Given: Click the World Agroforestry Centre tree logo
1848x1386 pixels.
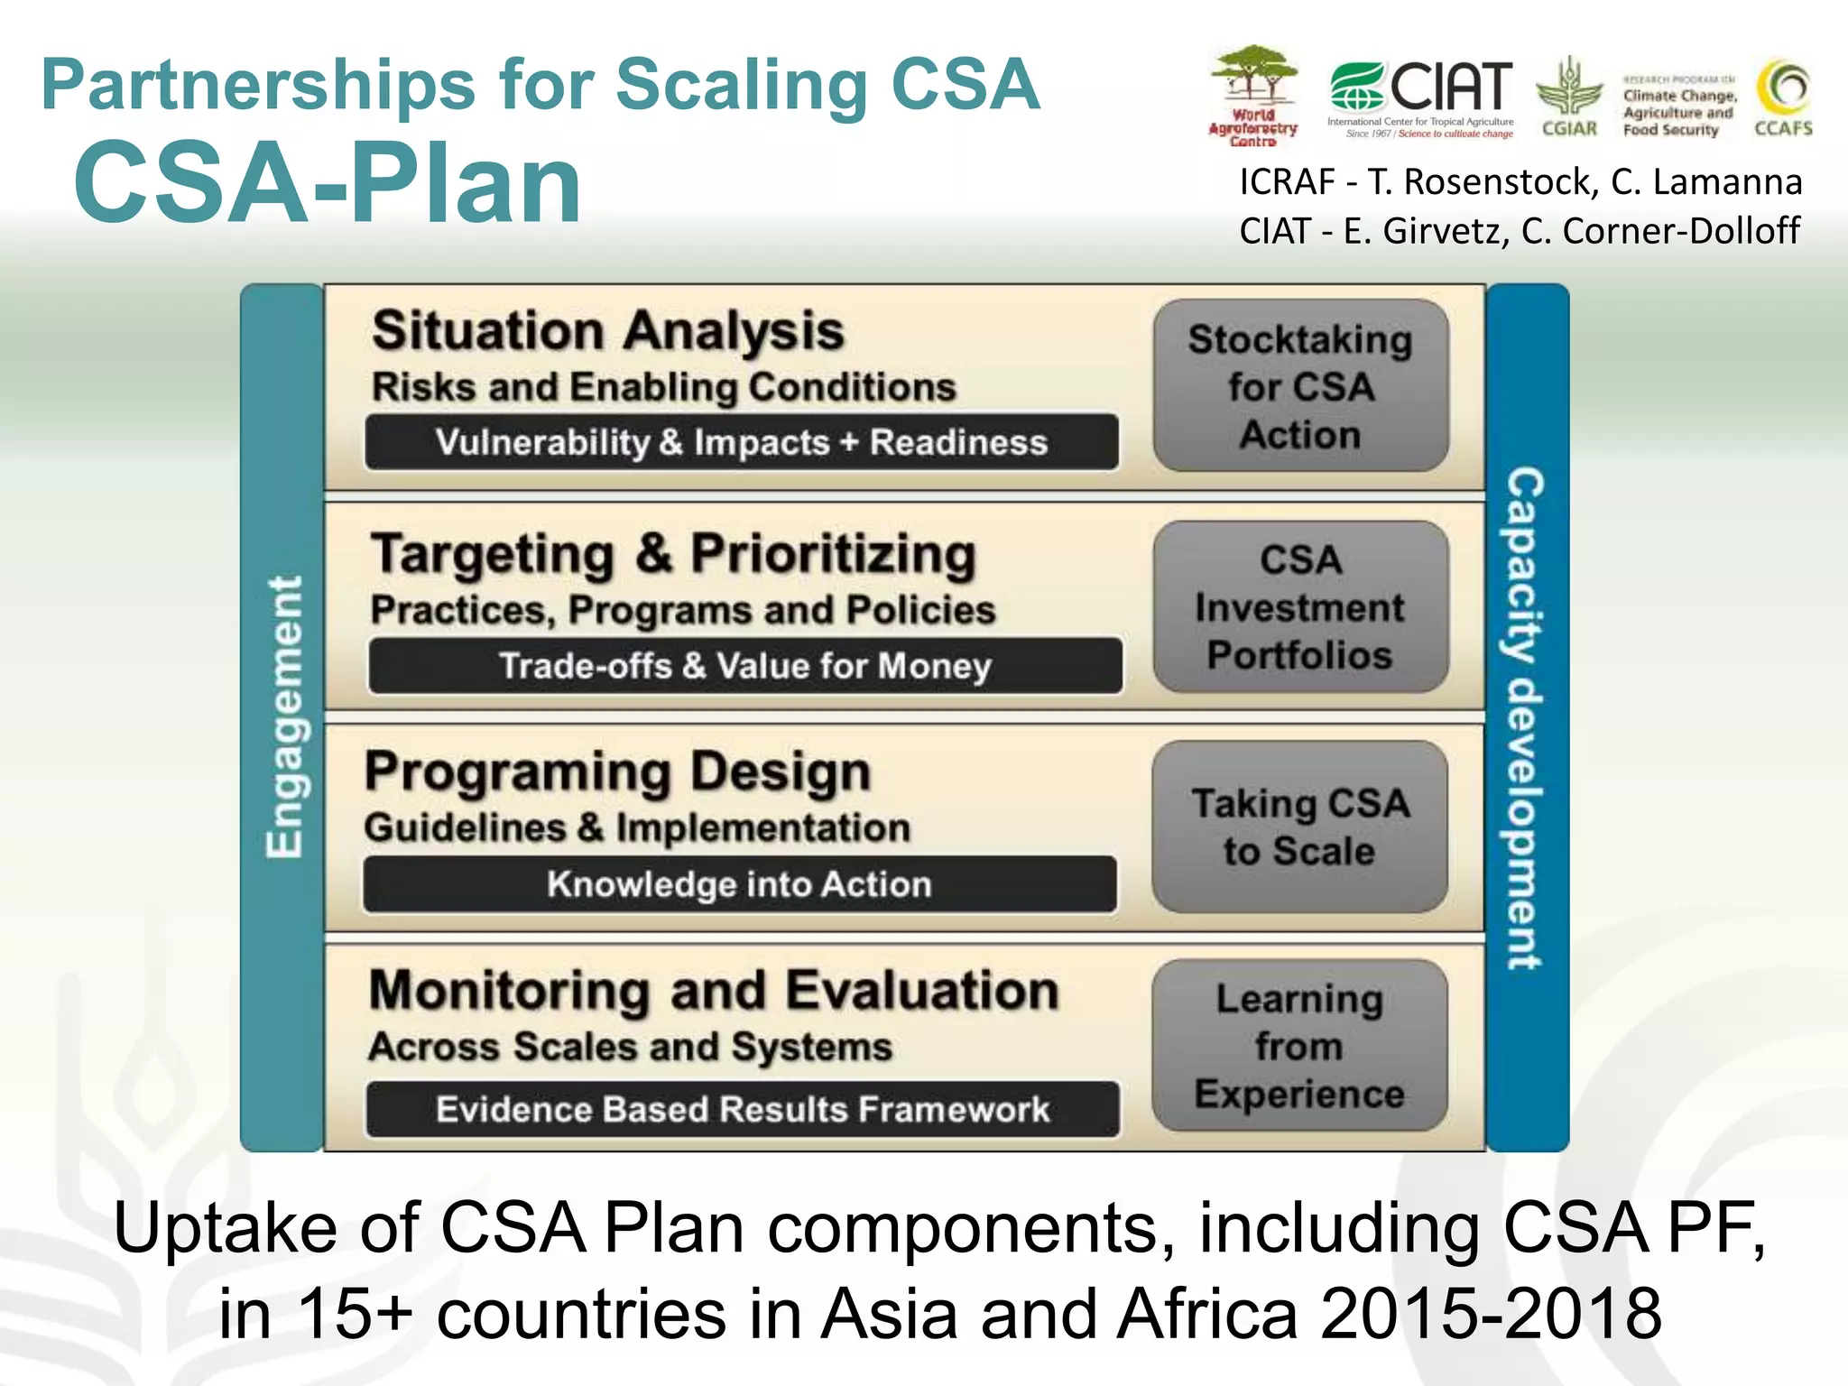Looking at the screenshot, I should [x=1253, y=95].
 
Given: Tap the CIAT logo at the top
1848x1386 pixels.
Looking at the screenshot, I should [x=1420, y=98].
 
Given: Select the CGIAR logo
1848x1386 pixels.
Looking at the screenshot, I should [x=1569, y=97].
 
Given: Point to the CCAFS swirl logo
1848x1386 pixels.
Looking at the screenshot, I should [x=1783, y=97].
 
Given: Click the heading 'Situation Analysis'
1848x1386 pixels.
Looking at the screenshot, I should [x=608, y=330].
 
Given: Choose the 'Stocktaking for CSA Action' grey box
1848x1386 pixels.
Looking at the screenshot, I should [x=1300, y=386].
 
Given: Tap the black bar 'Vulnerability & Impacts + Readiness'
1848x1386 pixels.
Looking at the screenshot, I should [x=742, y=442].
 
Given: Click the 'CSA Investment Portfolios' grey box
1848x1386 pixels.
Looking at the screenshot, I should [x=1300, y=607].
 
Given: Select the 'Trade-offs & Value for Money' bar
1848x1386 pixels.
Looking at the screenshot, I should [x=745, y=666].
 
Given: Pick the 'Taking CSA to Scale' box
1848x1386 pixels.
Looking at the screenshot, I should [x=1299, y=827].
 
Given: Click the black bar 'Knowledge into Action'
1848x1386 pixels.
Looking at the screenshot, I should [x=740, y=884].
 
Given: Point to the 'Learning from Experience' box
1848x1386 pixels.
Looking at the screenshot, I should [x=1299, y=1046].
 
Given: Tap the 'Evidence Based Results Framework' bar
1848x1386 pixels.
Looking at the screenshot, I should [x=743, y=1109].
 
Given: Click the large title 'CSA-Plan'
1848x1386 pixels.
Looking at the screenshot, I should [x=328, y=183].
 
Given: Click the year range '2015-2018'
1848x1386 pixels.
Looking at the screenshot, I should [x=1491, y=1313].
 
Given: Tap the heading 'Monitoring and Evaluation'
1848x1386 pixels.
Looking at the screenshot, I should [x=714, y=991].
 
